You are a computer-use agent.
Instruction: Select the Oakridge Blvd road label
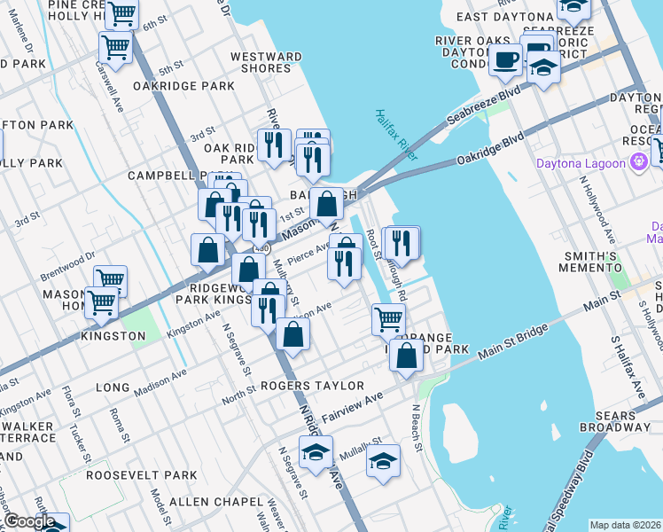490,147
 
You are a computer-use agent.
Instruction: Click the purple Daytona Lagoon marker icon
638,162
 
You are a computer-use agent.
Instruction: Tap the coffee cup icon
505,59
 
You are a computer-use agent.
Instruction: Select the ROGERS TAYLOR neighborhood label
313,386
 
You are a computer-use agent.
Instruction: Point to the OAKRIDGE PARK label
183,86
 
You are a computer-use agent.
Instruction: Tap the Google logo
30,521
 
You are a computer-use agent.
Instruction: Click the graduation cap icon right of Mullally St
383,460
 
